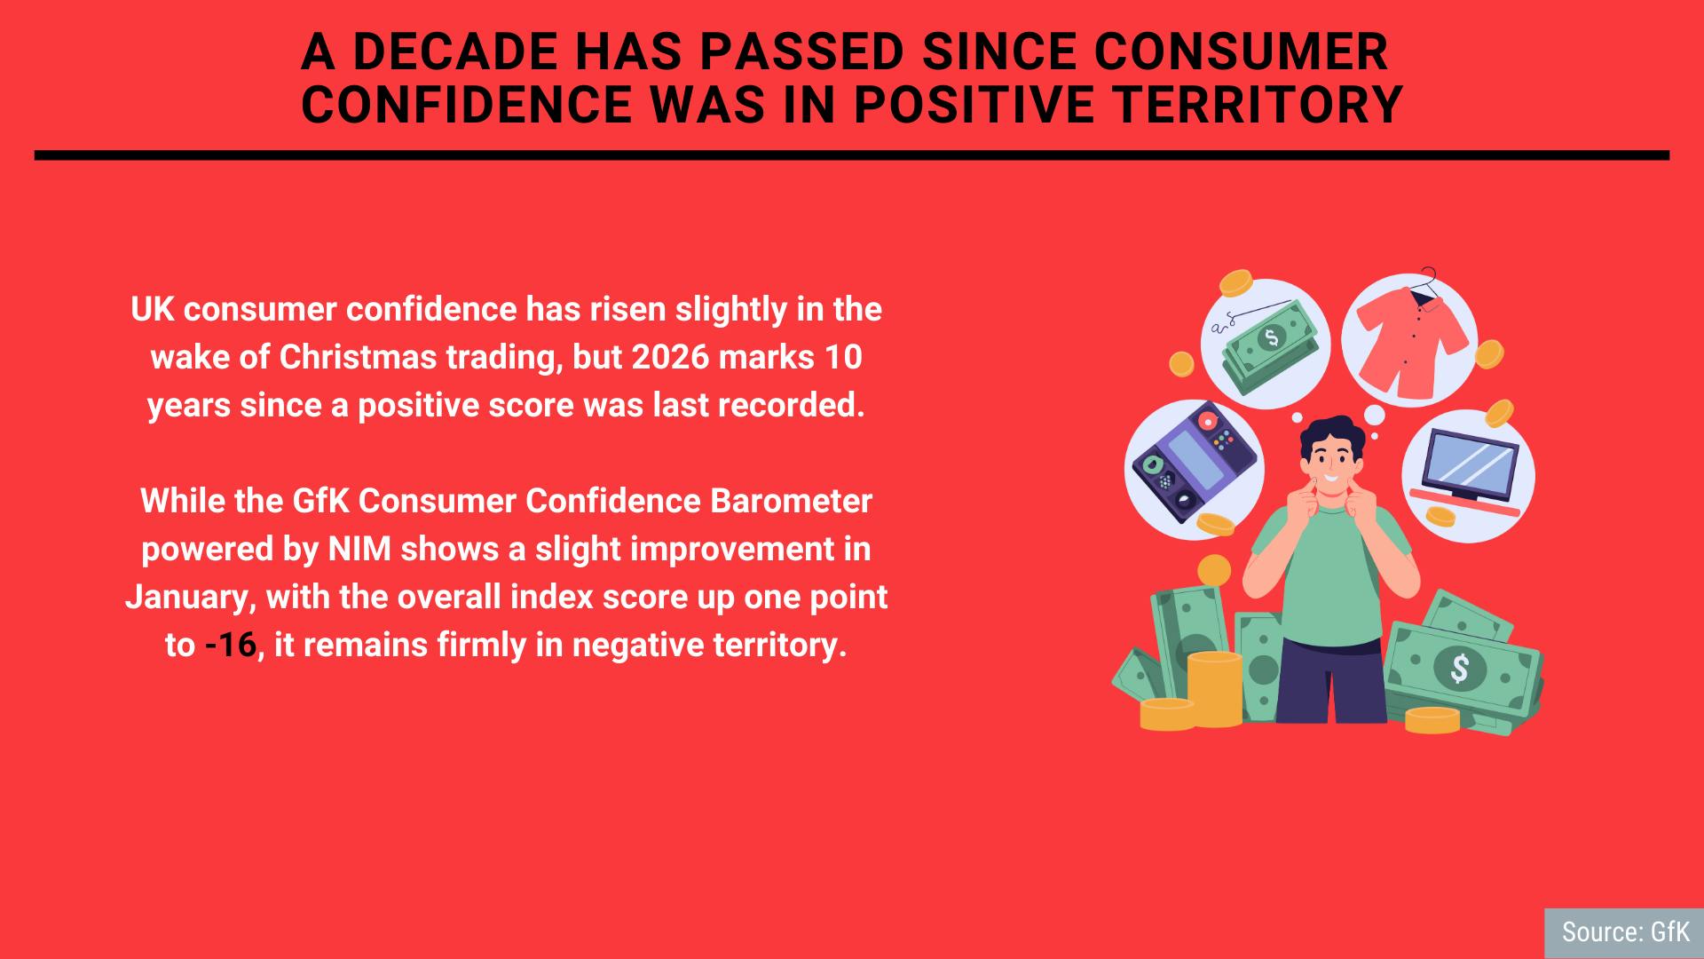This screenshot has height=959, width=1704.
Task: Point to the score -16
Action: (231, 645)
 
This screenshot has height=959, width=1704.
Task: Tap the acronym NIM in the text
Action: (360, 549)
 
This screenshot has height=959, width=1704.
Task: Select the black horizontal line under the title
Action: (852, 155)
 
